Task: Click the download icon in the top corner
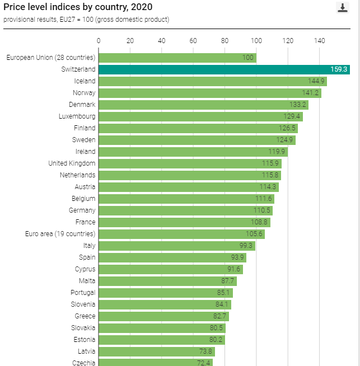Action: [342, 7]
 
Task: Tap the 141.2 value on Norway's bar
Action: [311, 93]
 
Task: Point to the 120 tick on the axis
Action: [288, 40]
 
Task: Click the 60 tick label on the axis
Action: [193, 40]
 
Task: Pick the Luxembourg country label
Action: [77, 116]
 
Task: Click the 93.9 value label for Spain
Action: [238, 257]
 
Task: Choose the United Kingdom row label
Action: [72, 163]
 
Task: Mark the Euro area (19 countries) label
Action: [60, 234]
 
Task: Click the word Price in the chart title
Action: [13, 7]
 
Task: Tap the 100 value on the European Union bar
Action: [248, 58]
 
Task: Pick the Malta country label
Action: [87, 281]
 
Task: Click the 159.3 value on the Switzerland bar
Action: [339, 69]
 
